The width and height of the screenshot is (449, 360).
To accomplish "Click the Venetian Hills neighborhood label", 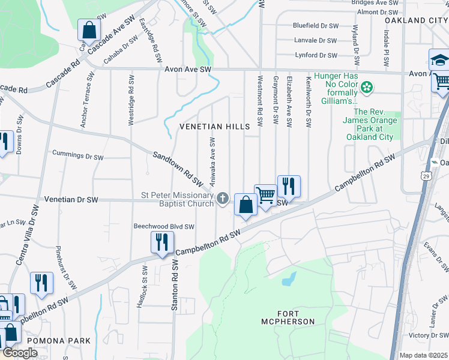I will click(214, 127).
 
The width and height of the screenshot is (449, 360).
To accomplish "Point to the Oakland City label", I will click(417, 20).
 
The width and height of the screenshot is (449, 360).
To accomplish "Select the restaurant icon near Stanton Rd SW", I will click(161, 242).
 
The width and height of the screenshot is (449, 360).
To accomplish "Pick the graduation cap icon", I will click(439, 60).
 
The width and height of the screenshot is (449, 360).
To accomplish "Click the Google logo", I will click(20, 353).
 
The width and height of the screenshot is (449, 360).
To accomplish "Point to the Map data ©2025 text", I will click(423, 355).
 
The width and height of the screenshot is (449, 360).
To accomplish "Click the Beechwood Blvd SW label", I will click(164, 227).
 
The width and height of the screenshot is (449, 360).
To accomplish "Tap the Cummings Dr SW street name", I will click(79, 156).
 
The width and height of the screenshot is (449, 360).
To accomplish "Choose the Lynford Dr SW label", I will click(316, 55).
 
